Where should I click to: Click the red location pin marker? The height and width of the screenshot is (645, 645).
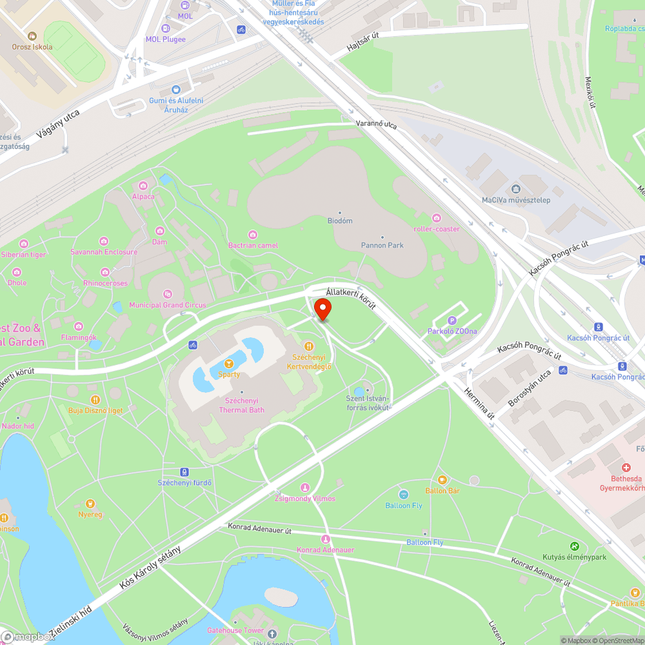[322, 309]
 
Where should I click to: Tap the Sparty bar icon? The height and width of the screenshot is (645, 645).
[228, 364]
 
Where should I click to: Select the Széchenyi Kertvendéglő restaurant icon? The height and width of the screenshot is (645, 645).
[308, 346]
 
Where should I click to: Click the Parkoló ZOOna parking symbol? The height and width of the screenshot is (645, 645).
[452, 320]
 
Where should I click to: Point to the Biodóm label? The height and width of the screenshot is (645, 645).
[340, 221]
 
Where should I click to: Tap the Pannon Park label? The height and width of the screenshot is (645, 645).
[382, 245]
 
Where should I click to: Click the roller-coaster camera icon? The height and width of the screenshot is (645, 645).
[437, 218]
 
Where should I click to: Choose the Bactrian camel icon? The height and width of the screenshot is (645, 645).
[253, 234]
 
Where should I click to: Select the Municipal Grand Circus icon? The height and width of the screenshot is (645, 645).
[168, 294]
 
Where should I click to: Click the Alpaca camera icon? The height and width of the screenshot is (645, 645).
[143, 186]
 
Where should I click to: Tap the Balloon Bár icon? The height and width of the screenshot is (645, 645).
[442, 480]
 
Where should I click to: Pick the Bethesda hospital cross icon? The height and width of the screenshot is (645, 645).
[626, 468]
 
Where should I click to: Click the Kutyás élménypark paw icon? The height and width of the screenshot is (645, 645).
[574, 546]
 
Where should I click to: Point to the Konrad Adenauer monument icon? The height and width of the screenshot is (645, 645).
[325, 539]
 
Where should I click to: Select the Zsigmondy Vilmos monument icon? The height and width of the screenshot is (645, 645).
[305, 488]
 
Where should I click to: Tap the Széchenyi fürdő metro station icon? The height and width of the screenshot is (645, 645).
[184, 472]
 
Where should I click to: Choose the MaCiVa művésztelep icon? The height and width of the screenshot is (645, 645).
[515, 189]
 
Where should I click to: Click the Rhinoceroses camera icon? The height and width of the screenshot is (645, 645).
[106, 272]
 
